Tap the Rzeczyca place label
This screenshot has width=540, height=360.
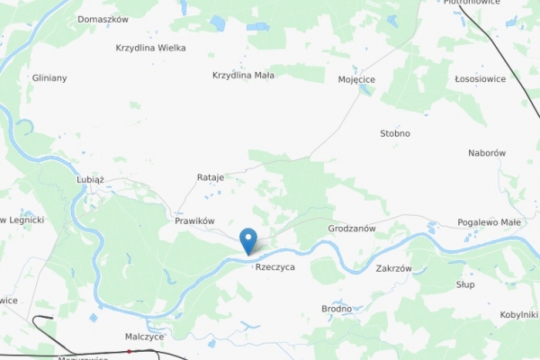pos(274,267)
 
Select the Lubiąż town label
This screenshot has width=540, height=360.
pos(90,180)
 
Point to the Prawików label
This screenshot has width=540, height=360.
pos(194,220)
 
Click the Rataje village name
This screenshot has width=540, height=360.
pos(210,177)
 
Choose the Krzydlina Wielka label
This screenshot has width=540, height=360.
pos(151,48)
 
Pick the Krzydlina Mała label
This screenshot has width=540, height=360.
pos(243,76)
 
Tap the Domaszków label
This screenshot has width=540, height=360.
pos(103,19)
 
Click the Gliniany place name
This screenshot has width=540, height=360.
pos(49,78)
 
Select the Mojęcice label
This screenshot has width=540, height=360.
pos(356,79)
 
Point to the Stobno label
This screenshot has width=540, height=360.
pos(395,133)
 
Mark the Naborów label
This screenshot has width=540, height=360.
pos(487,153)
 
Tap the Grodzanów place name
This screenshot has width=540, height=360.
pos(352,229)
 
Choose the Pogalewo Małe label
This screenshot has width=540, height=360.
pos(489,222)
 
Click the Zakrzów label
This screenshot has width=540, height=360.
pos(393,268)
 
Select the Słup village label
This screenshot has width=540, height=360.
pos(465,284)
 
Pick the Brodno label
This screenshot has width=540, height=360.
pos(337,309)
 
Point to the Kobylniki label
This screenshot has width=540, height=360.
pos(518,315)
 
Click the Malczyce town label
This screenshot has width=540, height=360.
pos(144,336)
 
